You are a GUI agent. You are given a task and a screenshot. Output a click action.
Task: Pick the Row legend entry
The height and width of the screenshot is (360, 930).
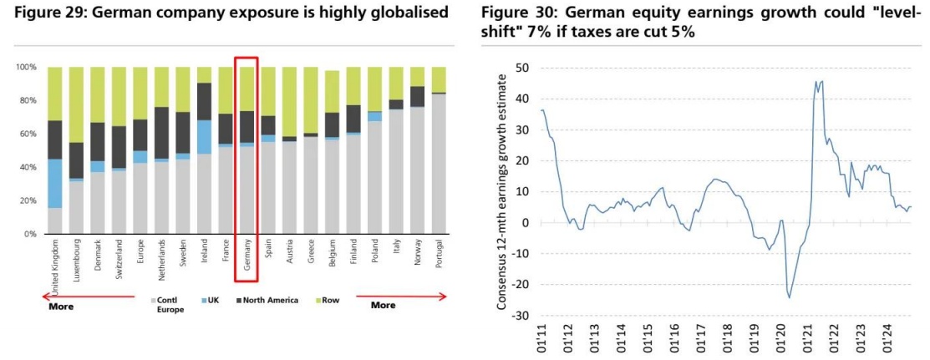(330, 300)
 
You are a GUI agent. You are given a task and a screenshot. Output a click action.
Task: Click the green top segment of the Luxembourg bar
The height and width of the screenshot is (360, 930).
(76, 104)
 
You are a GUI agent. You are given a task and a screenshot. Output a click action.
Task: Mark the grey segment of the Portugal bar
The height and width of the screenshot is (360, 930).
(439, 164)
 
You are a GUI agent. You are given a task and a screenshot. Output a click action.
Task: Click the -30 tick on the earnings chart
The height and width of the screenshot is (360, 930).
(521, 315)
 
